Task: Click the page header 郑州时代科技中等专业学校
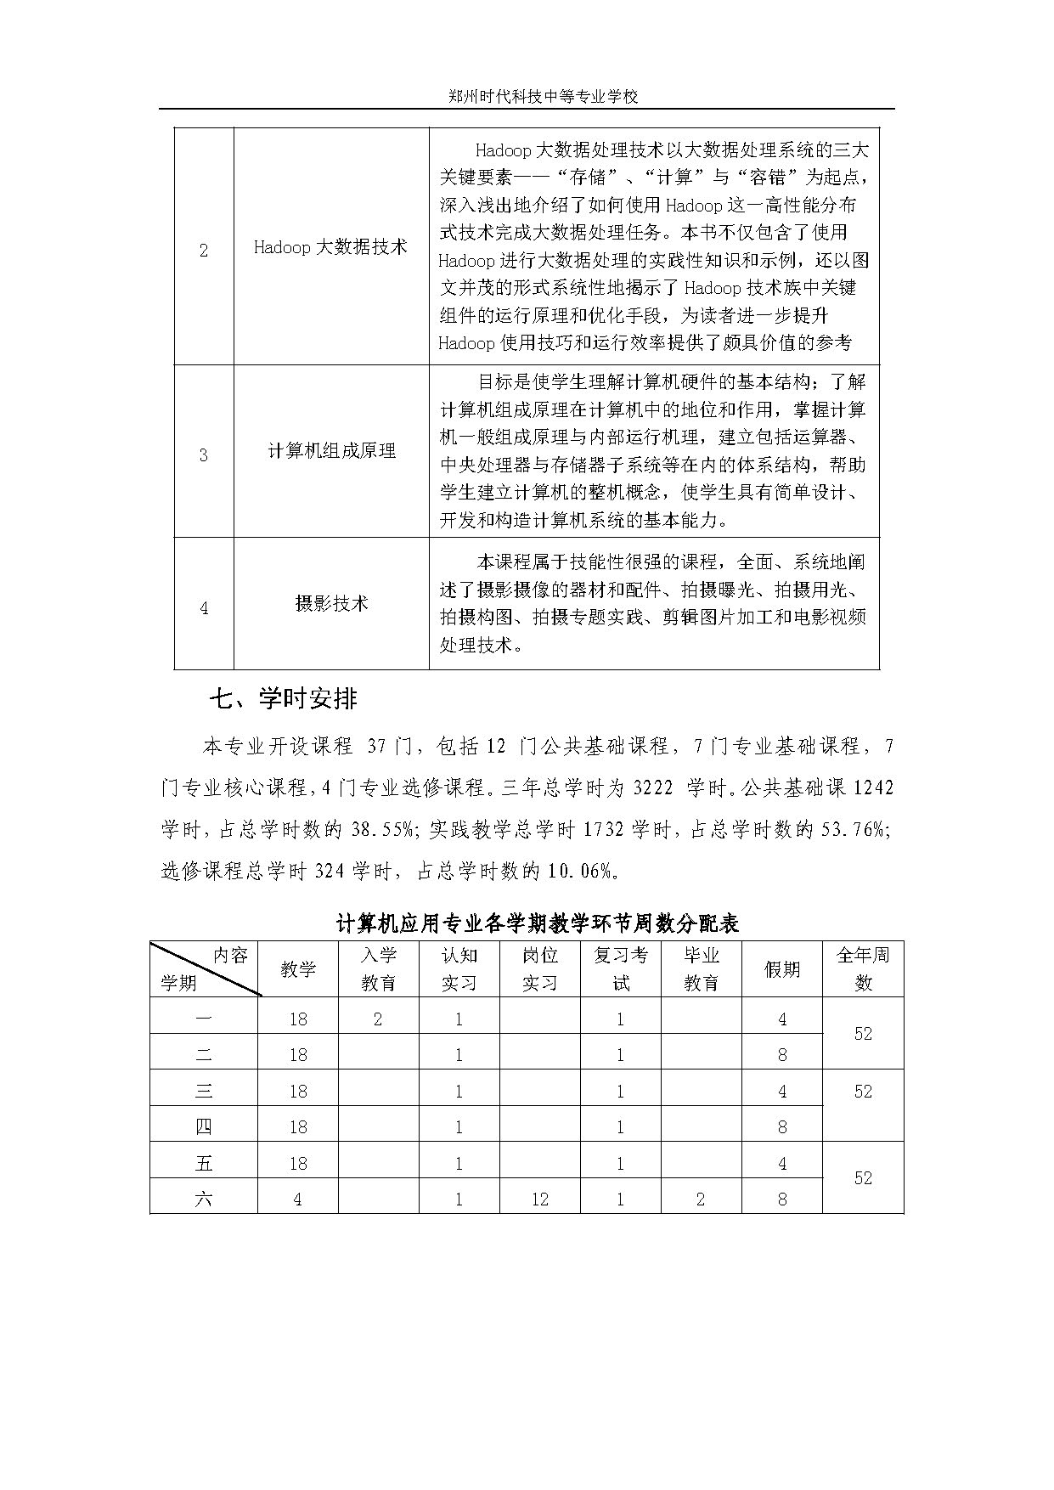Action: [x=543, y=97]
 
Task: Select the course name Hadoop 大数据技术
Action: [x=330, y=247]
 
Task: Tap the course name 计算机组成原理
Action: [x=331, y=451]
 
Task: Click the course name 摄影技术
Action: [x=331, y=604]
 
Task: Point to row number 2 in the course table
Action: [x=204, y=251]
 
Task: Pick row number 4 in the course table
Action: [x=204, y=608]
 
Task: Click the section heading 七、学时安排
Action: [x=284, y=699]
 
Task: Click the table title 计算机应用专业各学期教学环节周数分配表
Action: [x=538, y=923]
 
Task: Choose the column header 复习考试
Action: [x=620, y=968]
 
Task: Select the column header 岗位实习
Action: [x=539, y=968]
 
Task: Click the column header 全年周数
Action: [x=863, y=968]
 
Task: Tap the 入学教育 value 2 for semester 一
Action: [x=378, y=1019]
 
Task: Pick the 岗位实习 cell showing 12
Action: [x=539, y=1199]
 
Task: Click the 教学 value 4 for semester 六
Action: [x=297, y=1199]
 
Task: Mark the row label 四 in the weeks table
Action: [x=204, y=1127]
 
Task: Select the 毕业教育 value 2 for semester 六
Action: [x=701, y=1199]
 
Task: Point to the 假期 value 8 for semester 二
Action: [x=782, y=1055]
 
